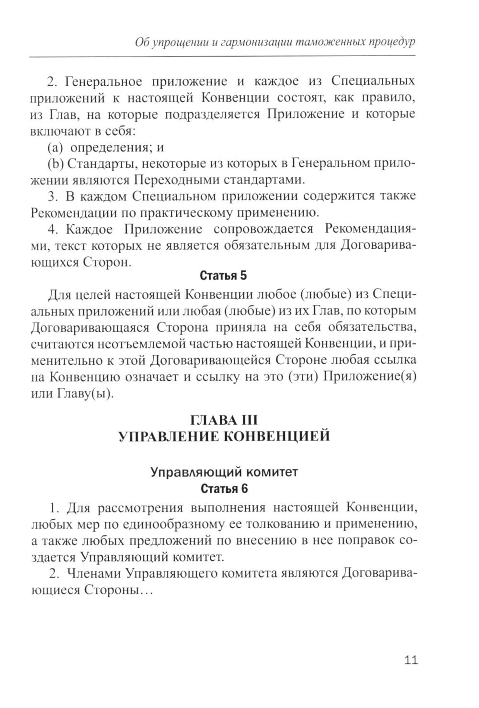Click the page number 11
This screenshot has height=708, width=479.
tap(411, 660)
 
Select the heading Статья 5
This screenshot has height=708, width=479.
tap(223, 276)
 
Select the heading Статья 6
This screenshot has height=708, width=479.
tap(224, 489)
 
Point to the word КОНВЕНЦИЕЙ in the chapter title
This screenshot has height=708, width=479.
tap(277, 437)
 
